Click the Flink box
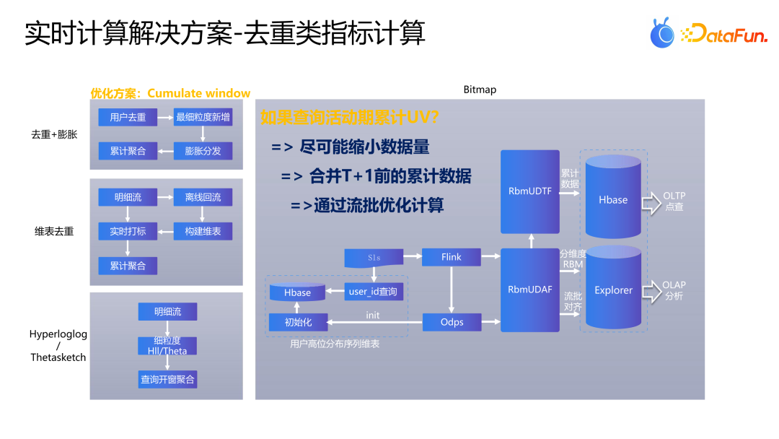click(x=452, y=256)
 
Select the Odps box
click(x=452, y=322)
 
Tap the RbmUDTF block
click(x=530, y=191)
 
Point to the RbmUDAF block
click(x=530, y=290)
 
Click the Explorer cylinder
click(x=613, y=290)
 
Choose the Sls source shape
click(x=373, y=257)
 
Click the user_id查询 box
click(x=372, y=292)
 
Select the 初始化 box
click(x=299, y=322)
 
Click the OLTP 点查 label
click(x=674, y=201)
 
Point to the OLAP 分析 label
click(x=674, y=291)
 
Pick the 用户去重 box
click(x=128, y=117)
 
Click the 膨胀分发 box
click(x=203, y=151)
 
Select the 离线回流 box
click(x=203, y=197)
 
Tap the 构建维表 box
click(x=203, y=231)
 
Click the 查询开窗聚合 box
click(x=167, y=379)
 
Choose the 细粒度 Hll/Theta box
click(x=167, y=346)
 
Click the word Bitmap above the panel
click(x=480, y=90)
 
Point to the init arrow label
click(x=372, y=316)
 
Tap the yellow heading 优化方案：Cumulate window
click(x=170, y=93)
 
